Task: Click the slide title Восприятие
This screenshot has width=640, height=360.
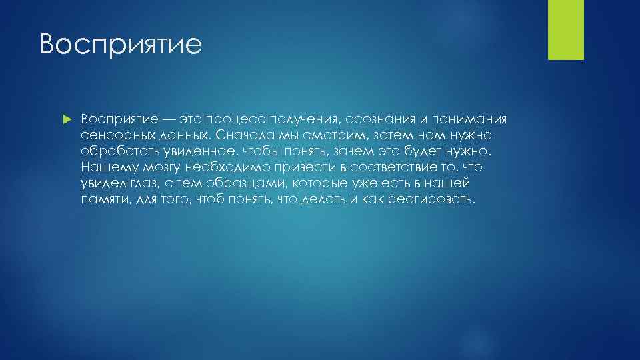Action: click(x=120, y=45)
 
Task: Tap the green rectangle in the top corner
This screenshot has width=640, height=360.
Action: click(x=565, y=30)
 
